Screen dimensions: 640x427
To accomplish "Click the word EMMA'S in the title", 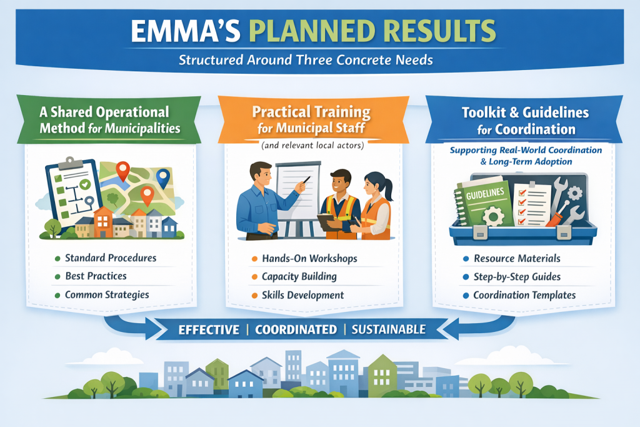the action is tap(186, 31).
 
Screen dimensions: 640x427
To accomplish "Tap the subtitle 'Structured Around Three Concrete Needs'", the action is tap(306, 60).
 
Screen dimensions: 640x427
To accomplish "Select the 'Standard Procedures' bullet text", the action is tap(111, 258).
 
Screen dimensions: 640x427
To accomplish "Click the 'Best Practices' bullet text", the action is tap(96, 276).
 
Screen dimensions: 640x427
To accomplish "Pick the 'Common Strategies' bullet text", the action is tap(107, 294).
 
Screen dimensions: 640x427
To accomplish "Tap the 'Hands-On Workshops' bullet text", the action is tap(309, 258).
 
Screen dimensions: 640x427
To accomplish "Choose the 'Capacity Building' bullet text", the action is tap(299, 277).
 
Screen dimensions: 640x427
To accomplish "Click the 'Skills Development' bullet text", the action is tap(303, 295).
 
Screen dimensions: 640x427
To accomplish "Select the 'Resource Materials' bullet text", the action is tap(517, 258).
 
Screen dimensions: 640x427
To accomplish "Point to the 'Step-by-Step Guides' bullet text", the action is tap(517, 277).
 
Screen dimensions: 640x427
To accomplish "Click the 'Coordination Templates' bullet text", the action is tap(524, 295).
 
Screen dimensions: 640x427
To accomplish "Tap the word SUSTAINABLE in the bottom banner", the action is tap(389, 329).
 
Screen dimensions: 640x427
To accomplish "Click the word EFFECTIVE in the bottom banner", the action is tap(209, 330).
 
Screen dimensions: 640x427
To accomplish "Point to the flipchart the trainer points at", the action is tap(297, 191).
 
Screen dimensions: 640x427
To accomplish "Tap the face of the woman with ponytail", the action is tap(372, 186).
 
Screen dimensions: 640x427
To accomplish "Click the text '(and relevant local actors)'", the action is tap(312, 145).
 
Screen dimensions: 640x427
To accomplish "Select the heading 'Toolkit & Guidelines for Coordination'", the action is tap(526, 121).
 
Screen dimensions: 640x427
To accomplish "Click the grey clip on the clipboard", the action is tap(70, 163).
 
